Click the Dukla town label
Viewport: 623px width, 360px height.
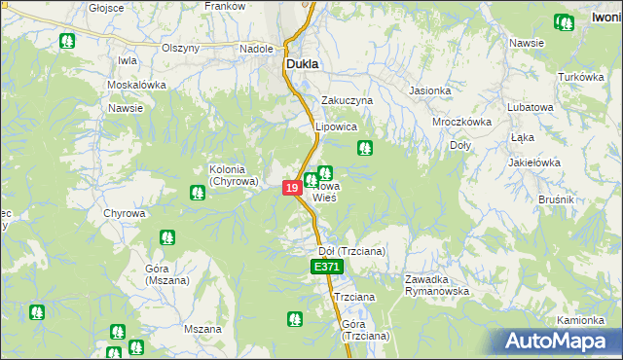(x=303, y=65)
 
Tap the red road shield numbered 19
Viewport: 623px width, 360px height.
(x=292, y=187)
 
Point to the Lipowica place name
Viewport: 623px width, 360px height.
(x=337, y=127)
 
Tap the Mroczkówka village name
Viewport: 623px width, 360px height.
(x=461, y=123)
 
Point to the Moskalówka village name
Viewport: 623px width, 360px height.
(x=137, y=85)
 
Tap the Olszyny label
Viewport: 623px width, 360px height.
(x=180, y=49)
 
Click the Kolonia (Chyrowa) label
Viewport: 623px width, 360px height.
(x=234, y=175)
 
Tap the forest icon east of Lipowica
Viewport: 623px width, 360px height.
(x=365, y=148)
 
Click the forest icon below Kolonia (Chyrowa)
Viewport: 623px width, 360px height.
(x=198, y=193)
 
